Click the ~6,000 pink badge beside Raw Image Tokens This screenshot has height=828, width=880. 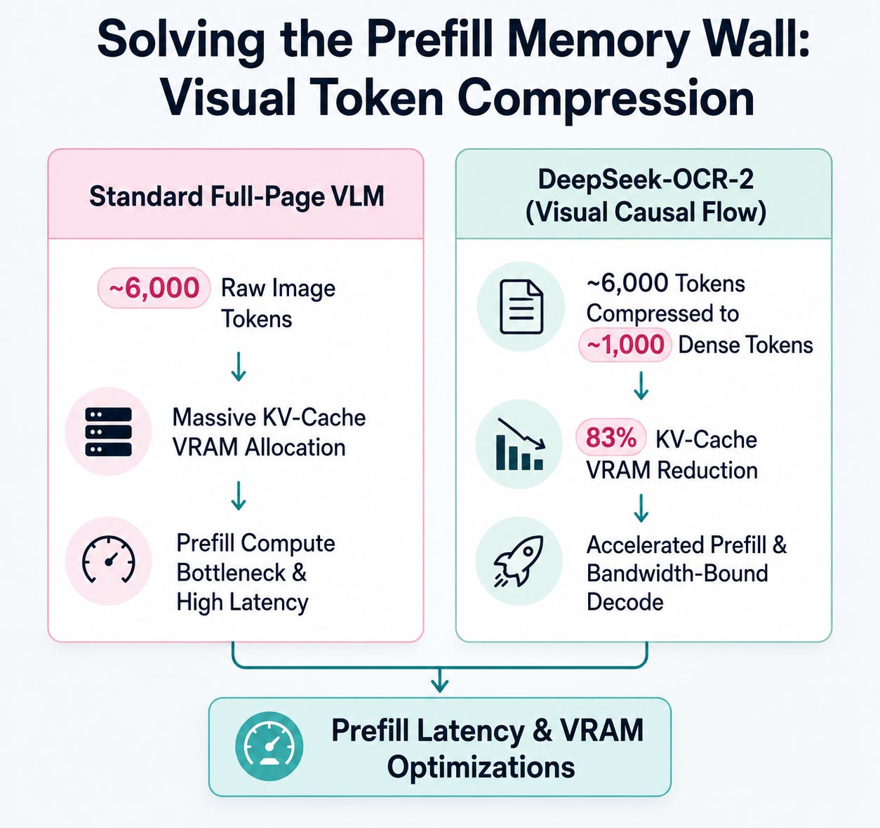(x=154, y=288)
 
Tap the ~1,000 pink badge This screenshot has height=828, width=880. (x=625, y=345)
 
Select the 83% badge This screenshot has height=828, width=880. (x=611, y=437)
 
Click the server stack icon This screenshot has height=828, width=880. (x=108, y=432)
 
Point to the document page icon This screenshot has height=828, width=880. (x=521, y=307)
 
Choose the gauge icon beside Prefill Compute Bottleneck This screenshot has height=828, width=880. (x=109, y=560)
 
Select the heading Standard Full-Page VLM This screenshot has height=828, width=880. (x=236, y=196)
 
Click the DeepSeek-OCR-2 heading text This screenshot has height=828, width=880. (x=646, y=180)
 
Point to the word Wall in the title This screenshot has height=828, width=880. (x=753, y=41)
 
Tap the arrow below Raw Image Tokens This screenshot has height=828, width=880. (x=239, y=366)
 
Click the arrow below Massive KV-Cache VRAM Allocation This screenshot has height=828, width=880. (x=239, y=495)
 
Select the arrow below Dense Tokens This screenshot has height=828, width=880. (x=641, y=385)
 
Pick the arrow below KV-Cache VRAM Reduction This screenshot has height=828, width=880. (x=641, y=508)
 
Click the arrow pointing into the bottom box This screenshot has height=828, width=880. (x=439, y=680)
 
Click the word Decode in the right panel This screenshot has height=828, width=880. (x=625, y=601)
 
